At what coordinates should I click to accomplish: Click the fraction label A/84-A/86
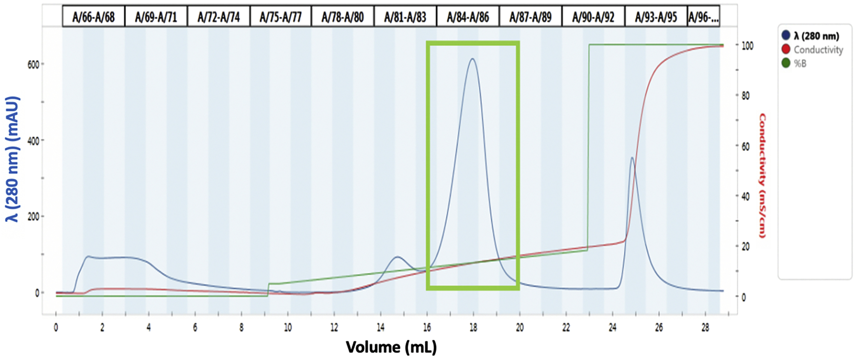point(468,17)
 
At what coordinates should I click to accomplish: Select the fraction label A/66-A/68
point(94,17)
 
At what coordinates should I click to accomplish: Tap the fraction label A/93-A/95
point(656,17)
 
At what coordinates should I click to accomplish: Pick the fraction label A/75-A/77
point(280,17)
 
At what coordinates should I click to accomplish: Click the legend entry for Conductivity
point(818,50)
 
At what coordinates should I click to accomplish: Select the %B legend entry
point(800,63)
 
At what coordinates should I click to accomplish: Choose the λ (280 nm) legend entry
point(816,36)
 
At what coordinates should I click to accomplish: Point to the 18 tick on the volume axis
point(473,328)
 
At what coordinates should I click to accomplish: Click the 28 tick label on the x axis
point(705,328)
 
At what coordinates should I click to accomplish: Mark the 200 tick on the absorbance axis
point(33,216)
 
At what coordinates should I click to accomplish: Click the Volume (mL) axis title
point(391,347)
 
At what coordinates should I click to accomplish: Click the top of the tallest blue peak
point(472,59)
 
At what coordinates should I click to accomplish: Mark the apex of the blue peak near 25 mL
point(632,157)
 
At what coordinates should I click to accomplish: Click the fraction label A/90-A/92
point(593,17)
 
